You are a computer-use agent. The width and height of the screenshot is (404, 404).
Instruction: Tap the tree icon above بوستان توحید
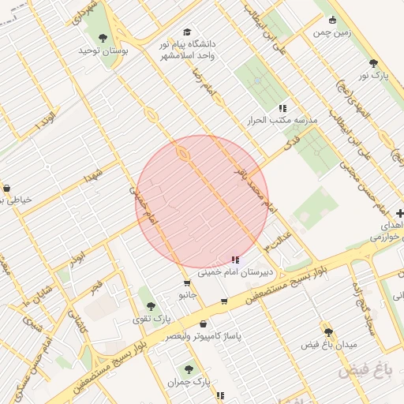[103, 36]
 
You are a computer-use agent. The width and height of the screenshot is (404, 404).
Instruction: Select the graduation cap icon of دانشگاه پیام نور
[187, 32]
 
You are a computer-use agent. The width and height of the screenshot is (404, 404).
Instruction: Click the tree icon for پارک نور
[373, 63]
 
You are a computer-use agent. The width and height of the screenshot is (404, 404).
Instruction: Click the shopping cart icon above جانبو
[187, 282]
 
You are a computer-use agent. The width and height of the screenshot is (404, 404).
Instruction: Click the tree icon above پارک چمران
[188, 368]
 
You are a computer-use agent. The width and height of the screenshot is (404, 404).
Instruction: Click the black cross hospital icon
[400, 213]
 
